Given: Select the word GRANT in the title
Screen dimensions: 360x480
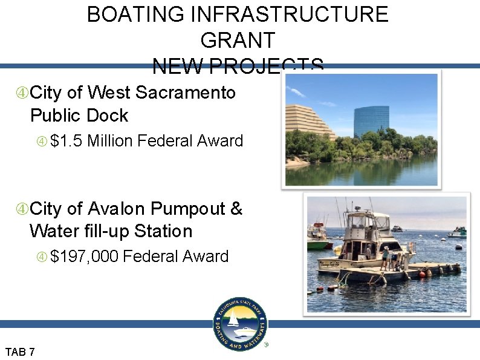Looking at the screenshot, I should tap(238, 41).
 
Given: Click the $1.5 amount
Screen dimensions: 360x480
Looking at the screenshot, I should tap(66, 142).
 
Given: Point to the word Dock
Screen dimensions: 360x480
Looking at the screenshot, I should tap(108, 115).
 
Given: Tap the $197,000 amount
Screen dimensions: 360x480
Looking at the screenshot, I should tap(84, 257).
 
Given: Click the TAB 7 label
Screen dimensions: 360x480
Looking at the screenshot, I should tap(20, 352).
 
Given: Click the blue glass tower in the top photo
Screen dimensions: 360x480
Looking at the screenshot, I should tap(371, 121).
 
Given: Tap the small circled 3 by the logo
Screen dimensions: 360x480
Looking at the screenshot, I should tap(265, 345).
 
